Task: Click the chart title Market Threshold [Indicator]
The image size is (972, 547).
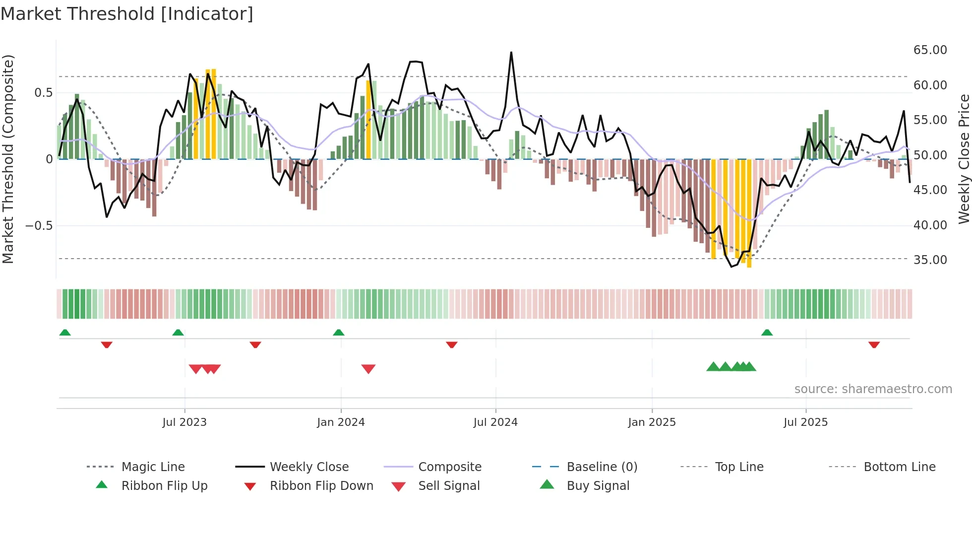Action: click(127, 14)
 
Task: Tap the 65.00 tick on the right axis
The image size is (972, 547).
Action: click(930, 50)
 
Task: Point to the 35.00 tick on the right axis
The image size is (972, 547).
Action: click(930, 260)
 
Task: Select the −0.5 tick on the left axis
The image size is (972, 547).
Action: click(39, 226)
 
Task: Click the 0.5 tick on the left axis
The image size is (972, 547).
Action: click(43, 93)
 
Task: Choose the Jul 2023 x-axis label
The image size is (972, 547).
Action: click(184, 422)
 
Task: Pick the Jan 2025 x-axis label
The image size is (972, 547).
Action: click(652, 422)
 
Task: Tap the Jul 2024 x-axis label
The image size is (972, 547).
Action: click(495, 422)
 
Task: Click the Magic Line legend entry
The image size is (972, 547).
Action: click(153, 467)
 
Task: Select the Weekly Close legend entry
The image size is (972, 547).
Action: click(309, 467)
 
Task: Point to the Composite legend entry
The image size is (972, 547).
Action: click(450, 467)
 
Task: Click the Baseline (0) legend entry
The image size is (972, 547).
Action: click(602, 467)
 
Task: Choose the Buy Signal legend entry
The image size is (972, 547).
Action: click(598, 486)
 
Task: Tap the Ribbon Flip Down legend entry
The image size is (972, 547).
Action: click(321, 486)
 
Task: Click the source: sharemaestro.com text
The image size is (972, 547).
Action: click(873, 389)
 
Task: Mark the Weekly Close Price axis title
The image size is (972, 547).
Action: click(964, 159)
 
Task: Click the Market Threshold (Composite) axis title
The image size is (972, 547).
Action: click(8, 159)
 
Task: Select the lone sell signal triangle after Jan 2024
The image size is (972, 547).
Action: click(368, 369)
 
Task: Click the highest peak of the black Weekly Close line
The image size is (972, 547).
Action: click(511, 52)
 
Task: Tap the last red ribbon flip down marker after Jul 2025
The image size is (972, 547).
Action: click(874, 344)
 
